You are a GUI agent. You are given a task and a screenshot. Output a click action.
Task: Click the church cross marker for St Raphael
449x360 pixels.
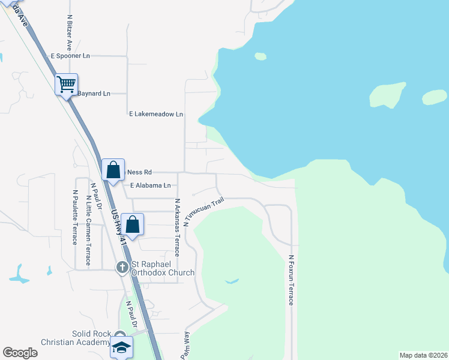pyautogui.click(x=122, y=266)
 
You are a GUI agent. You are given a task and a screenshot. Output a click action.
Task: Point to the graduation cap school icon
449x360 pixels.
pyautogui.click(x=121, y=347)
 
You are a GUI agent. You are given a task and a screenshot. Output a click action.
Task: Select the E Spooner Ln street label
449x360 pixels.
pyautogui.click(x=70, y=56)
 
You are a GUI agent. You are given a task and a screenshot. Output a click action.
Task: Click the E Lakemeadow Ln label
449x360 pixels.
pyautogui.click(x=156, y=114)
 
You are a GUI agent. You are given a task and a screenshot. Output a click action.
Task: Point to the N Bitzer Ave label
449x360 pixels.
pyautogui.click(x=70, y=33)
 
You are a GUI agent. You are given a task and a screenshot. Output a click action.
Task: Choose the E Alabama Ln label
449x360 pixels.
pyautogui.click(x=150, y=185)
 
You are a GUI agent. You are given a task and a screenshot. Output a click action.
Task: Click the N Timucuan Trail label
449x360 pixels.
pyautogui.click(x=204, y=211)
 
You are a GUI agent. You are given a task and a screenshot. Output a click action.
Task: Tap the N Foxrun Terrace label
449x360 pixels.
pyautogui.click(x=291, y=280)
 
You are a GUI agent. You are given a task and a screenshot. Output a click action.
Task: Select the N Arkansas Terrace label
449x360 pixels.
pyautogui.click(x=177, y=227)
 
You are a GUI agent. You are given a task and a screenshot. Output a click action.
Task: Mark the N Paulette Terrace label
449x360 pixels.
pyautogui.click(x=75, y=217)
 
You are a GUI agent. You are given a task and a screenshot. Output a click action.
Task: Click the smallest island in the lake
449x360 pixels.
pyautogui.click(x=260, y=56)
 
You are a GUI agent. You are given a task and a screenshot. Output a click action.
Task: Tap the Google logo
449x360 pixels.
pyautogui.click(x=20, y=353)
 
